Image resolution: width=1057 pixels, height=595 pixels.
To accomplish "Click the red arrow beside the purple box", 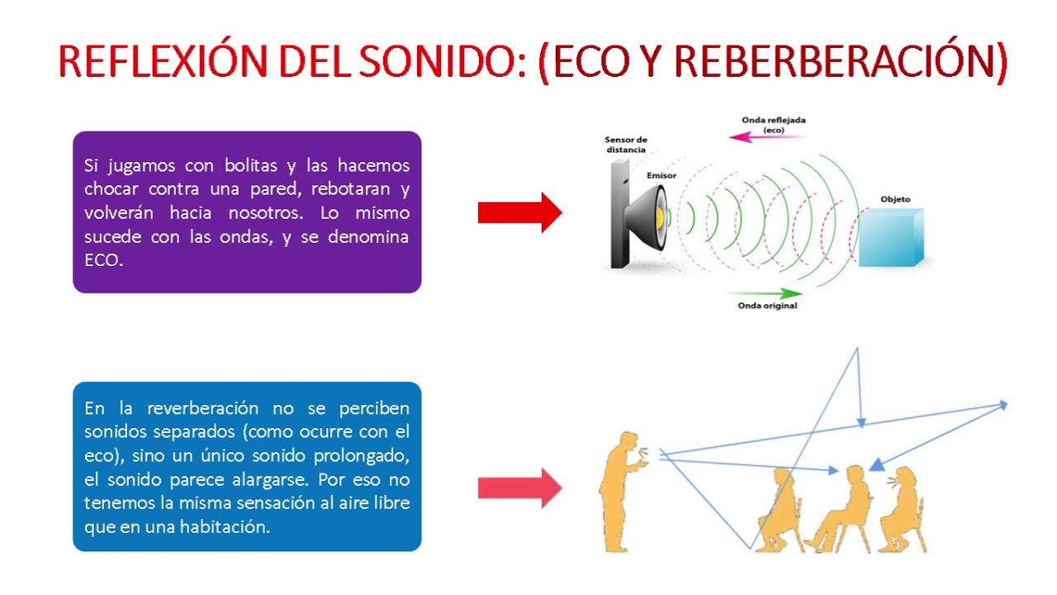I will point(519,212).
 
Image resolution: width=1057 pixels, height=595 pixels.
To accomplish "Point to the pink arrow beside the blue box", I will point(519,488).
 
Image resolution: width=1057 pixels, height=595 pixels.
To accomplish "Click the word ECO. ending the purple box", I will point(103,260).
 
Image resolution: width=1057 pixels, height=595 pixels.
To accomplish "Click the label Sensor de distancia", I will point(625,145).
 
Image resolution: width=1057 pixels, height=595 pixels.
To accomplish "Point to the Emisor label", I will point(661,175).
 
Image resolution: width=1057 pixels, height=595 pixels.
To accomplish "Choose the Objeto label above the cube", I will point(895,199).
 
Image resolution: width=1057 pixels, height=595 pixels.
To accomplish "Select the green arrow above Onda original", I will point(764,293).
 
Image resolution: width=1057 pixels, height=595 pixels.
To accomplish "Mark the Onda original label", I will point(767,306).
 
